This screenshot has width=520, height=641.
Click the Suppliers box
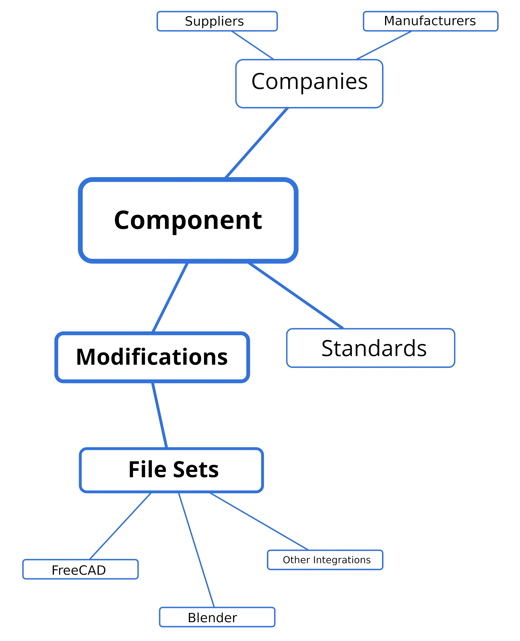coord(217,21)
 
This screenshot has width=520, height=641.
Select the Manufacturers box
coord(430,21)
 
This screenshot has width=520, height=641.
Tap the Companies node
coord(309,83)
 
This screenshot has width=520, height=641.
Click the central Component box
coord(188,221)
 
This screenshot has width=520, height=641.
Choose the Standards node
coord(371,348)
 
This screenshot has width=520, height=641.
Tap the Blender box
coord(217,617)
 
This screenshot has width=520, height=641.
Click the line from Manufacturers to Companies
coord(384,45)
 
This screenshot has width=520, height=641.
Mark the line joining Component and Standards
coord(295,295)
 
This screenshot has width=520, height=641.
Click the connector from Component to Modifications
coord(170,298)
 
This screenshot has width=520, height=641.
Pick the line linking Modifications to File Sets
coord(159,415)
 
